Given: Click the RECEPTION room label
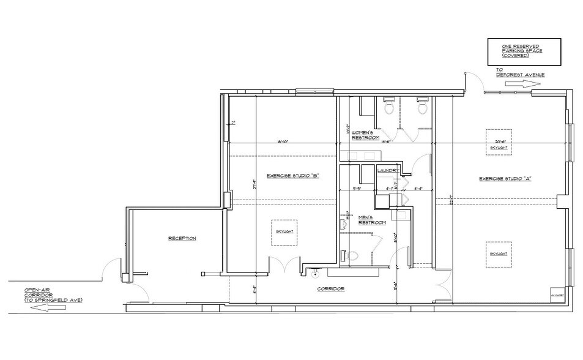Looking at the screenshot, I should click(182, 238).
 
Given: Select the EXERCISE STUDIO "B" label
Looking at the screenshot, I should click(294, 176).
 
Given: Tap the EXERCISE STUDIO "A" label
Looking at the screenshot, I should click(505, 178).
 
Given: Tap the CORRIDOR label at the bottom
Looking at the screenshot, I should click(330, 288).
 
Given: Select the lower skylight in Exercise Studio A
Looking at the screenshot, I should click(499, 253).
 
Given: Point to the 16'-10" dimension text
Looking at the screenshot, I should click(282, 142).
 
